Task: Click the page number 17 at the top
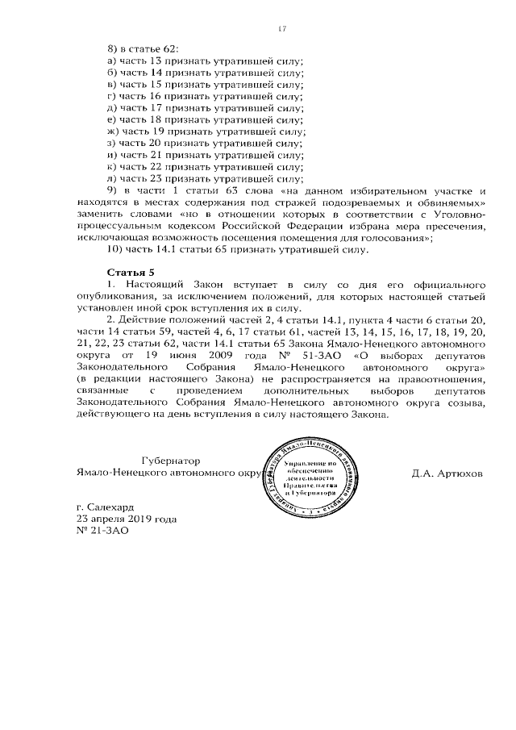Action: (x=281, y=29)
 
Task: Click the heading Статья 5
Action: (x=131, y=273)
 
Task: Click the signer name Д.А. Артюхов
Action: (x=446, y=473)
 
